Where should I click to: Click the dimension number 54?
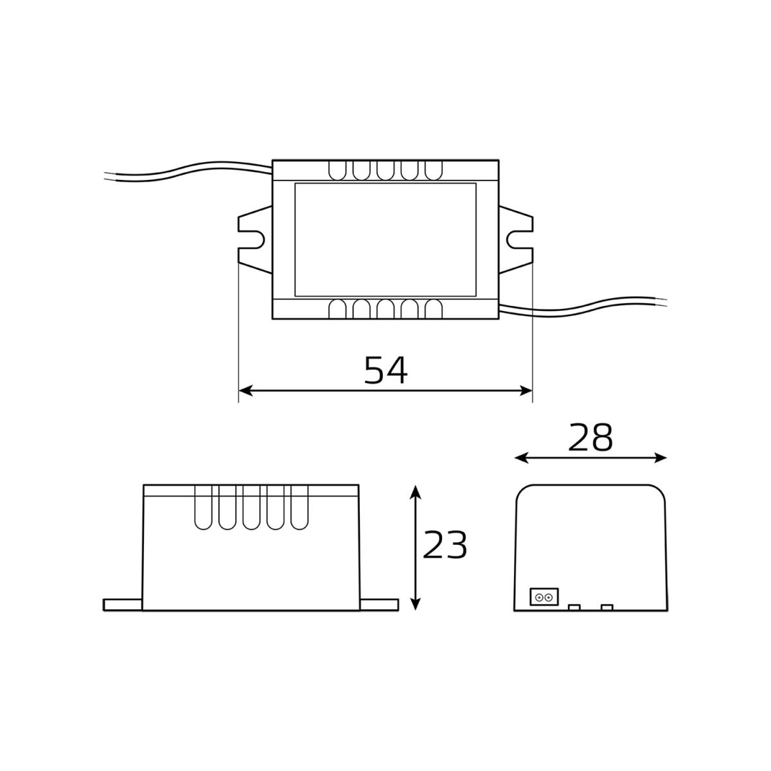(385, 370)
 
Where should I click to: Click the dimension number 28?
(591, 438)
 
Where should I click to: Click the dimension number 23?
(445, 546)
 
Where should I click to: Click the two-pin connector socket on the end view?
(544, 598)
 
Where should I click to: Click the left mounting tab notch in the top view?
(256, 240)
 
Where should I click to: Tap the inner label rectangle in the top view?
(385, 240)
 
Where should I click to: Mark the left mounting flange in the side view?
(123, 605)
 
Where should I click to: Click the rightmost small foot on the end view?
(607, 607)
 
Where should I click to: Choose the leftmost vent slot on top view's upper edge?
(336, 170)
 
